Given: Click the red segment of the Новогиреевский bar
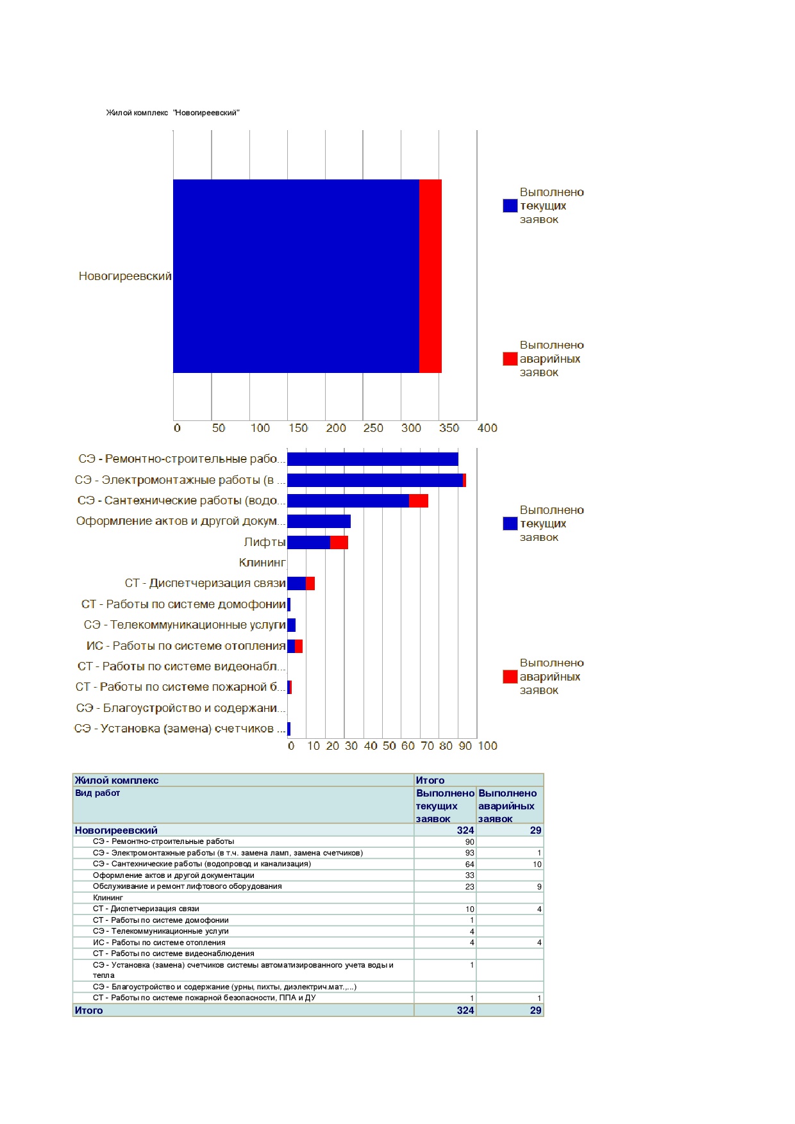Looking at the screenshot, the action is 430,276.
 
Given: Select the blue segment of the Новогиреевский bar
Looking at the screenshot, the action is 296,276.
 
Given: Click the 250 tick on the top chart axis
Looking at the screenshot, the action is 373,428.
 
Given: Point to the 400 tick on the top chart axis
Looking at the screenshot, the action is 487,428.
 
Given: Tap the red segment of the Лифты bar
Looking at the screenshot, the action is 339,542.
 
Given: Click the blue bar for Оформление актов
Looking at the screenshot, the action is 319,521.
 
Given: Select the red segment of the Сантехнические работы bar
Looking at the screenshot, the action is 419,500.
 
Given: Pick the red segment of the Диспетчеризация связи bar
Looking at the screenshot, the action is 310,583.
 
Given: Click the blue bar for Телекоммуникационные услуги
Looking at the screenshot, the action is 291,625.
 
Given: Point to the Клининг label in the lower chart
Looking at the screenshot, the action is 262,563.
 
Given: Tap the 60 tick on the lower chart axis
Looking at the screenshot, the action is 408,746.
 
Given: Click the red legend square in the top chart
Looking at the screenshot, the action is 510,359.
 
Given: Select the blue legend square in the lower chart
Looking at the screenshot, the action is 510,524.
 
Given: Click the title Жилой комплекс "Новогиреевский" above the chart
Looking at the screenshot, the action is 172,113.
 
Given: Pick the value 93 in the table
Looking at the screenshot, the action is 470,853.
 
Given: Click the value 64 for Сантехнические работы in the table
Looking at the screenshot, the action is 470,864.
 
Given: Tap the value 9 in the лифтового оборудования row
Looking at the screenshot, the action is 539,887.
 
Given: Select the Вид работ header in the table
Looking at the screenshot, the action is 97,793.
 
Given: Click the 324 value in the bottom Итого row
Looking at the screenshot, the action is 465,1011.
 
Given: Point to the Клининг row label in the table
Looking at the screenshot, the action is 108,898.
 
